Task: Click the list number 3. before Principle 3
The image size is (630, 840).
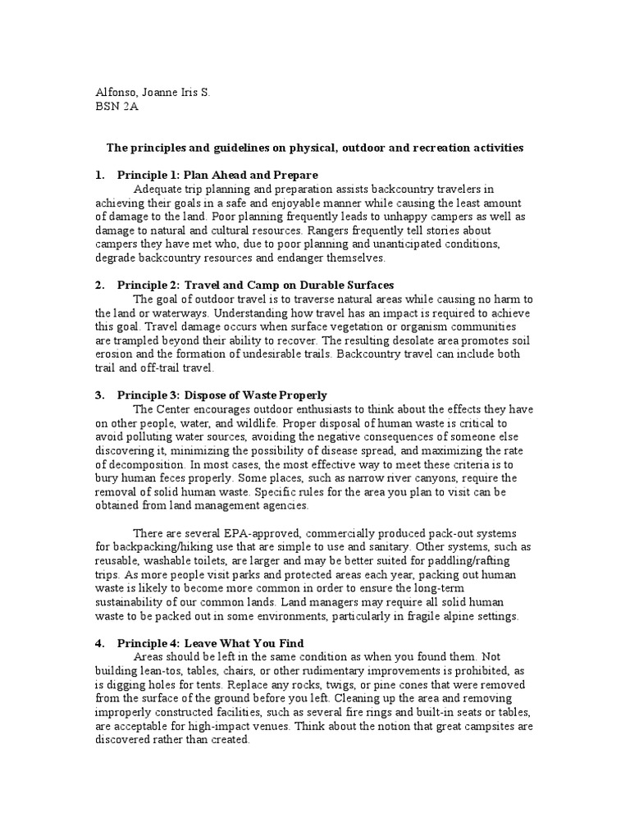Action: pos(99,395)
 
